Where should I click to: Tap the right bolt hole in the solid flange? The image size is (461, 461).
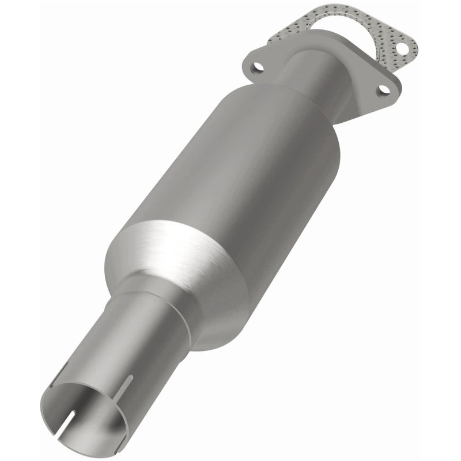tap(382, 90)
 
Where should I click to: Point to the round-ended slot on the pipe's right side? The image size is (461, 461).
tap(129, 384)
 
